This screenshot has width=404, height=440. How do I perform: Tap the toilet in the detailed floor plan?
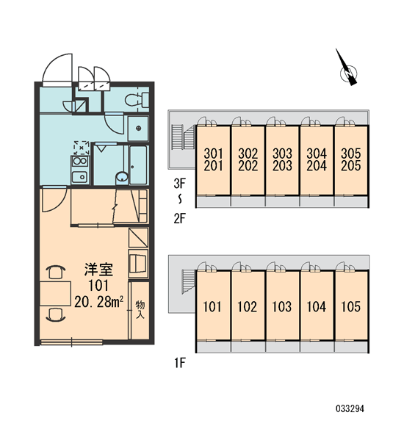[137, 100]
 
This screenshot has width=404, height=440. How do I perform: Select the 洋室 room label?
[98, 270]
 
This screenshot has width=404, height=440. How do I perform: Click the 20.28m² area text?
[98, 302]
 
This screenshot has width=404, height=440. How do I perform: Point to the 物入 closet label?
[140, 309]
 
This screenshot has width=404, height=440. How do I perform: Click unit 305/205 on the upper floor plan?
[350, 159]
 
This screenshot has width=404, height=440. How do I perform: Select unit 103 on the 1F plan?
[282, 306]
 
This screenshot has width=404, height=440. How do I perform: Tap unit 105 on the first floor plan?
[350, 306]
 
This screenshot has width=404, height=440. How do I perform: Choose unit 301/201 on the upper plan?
[213, 159]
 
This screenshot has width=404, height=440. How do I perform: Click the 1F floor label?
[179, 364]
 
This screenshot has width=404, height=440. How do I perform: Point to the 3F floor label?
[179, 184]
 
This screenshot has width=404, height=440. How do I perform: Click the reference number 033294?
[350, 408]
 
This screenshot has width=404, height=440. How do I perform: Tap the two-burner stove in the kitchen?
[80, 162]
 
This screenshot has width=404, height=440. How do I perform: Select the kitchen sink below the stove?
[79, 177]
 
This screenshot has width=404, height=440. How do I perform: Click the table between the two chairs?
[55, 294]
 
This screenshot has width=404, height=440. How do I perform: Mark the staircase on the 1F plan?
[188, 282]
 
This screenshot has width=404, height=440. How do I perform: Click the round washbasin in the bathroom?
[122, 177]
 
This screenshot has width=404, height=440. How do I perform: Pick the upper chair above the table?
[56, 272]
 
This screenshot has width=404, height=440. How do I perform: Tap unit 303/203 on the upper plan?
[282, 159]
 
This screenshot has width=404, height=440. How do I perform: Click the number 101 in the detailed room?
[98, 286]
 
